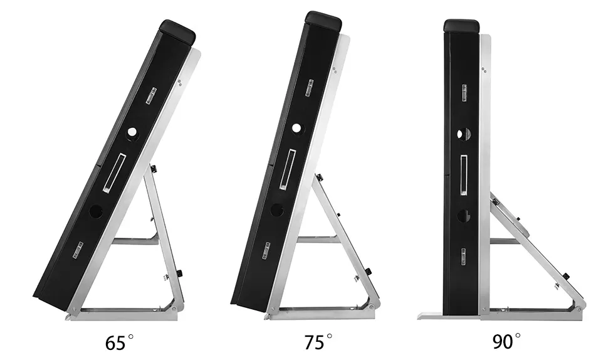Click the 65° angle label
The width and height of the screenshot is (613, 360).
[x=118, y=342]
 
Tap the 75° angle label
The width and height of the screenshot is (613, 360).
[x=318, y=342]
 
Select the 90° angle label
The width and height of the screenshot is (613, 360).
[x=506, y=342]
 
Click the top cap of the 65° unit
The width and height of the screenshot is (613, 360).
[x=177, y=30]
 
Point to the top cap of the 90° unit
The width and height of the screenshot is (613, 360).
[x=462, y=26]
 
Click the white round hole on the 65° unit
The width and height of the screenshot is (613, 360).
[x=132, y=132]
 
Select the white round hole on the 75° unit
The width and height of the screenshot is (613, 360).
[x=296, y=128]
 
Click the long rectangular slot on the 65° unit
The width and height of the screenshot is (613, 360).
[x=115, y=172]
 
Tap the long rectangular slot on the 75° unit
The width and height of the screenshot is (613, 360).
[x=288, y=168]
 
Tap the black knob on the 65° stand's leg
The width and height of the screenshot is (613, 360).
[x=179, y=273]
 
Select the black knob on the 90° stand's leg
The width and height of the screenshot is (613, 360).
[x=566, y=277]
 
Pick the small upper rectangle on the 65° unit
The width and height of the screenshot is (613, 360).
[x=150, y=95]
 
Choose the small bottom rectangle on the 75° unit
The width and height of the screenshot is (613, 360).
[x=266, y=248]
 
